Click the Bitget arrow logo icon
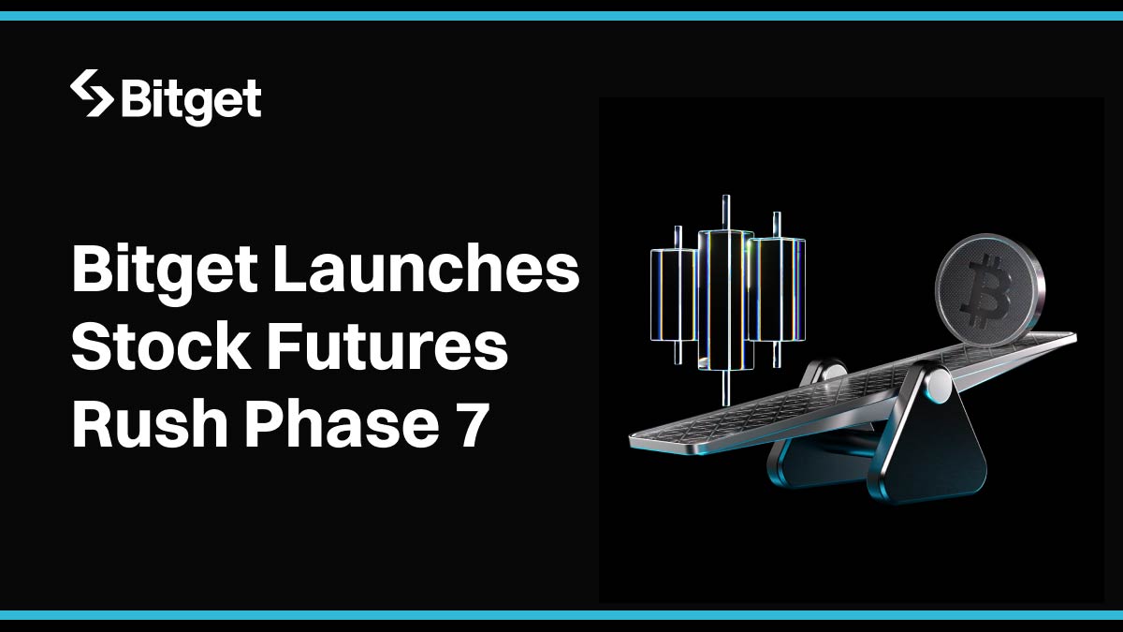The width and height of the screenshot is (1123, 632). click(x=93, y=94)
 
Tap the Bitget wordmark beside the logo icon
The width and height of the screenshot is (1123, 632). click(x=192, y=102)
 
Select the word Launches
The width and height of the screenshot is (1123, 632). click(x=427, y=269)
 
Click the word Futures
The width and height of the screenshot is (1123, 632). click(x=387, y=345)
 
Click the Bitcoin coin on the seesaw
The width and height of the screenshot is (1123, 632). click(x=990, y=290)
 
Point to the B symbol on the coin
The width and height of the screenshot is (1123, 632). click(x=986, y=291)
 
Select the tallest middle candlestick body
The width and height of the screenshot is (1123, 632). click(x=726, y=300)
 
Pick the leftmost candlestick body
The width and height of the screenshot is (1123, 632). click(x=675, y=294)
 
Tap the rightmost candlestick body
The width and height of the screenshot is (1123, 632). click(x=777, y=289)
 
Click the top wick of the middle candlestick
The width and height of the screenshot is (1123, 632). click(x=726, y=213)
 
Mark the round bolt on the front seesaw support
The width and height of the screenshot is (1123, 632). click(x=939, y=386)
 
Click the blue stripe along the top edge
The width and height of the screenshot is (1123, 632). click(x=561, y=16)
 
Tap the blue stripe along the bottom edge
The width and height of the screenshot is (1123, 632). click(x=561, y=615)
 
